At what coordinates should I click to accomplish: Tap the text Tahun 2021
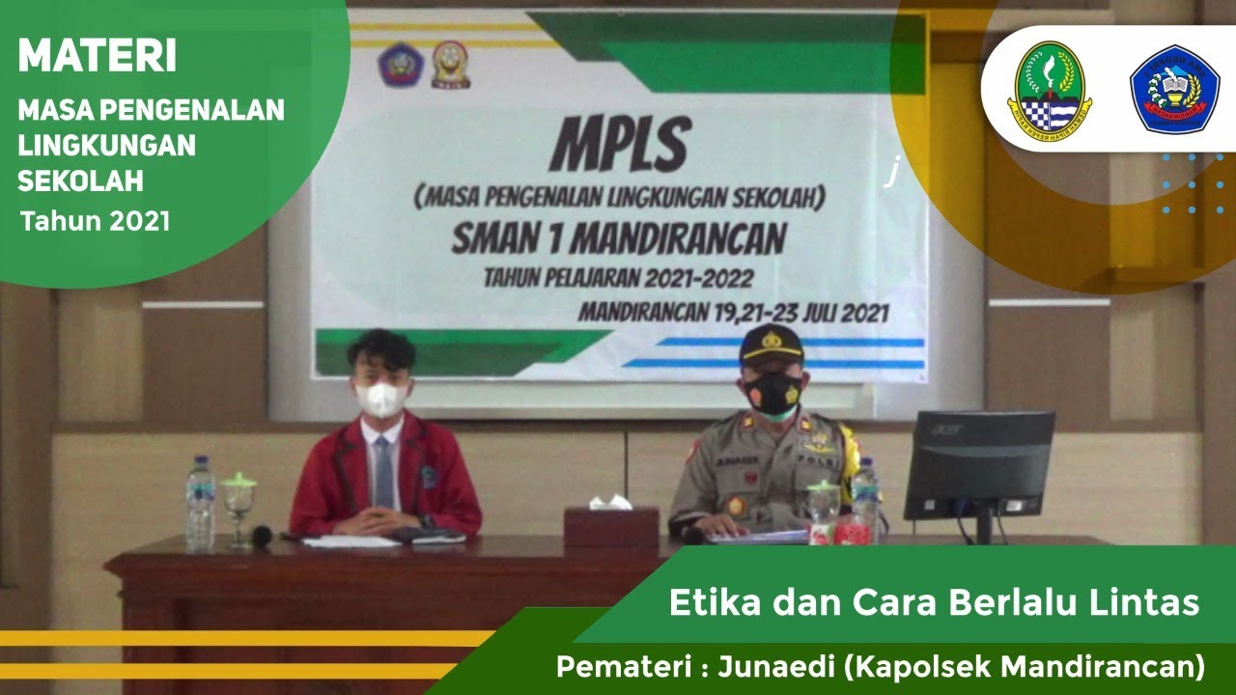[x=96, y=221]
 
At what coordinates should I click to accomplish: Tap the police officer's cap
[x=771, y=345]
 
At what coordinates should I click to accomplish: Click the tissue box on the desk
[x=599, y=524]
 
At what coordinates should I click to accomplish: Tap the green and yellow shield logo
[x=1046, y=87]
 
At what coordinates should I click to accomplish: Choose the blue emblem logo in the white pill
[x=1174, y=89]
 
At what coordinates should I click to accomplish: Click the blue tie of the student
[x=383, y=473]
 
